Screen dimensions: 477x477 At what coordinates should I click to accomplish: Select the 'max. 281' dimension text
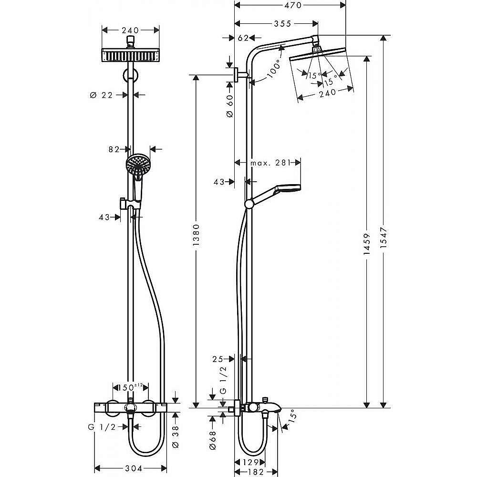(270, 163)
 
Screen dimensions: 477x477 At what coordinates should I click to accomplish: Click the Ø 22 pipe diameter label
(101, 95)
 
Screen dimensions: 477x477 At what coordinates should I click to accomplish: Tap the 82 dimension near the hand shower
(114, 150)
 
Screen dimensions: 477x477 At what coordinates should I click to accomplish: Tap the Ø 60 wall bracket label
(229, 106)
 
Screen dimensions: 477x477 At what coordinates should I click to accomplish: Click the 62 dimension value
(243, 38)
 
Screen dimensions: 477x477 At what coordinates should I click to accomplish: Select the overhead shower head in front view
(130, 55)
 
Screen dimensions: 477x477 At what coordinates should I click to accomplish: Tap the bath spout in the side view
(272, 409)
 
